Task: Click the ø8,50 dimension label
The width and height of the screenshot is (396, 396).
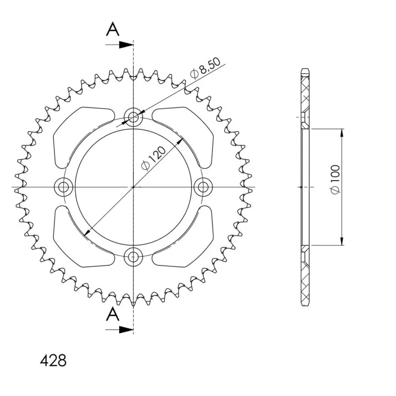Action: [205, 68]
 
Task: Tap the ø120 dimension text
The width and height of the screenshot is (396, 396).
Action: [153, 158]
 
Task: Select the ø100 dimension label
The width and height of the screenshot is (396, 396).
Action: [336, 180]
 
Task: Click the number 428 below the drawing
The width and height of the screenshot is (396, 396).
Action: [53, 360]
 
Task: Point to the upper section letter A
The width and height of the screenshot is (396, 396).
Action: [113, 29]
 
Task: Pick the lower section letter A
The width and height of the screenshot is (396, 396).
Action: [113, 314]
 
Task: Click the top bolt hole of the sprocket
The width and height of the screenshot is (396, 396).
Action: [133, 117]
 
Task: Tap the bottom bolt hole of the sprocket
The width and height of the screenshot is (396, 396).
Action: [133, 257]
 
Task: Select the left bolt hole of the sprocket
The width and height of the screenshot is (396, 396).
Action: [63, 187]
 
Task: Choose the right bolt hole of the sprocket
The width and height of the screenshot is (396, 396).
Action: [203, 187]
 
